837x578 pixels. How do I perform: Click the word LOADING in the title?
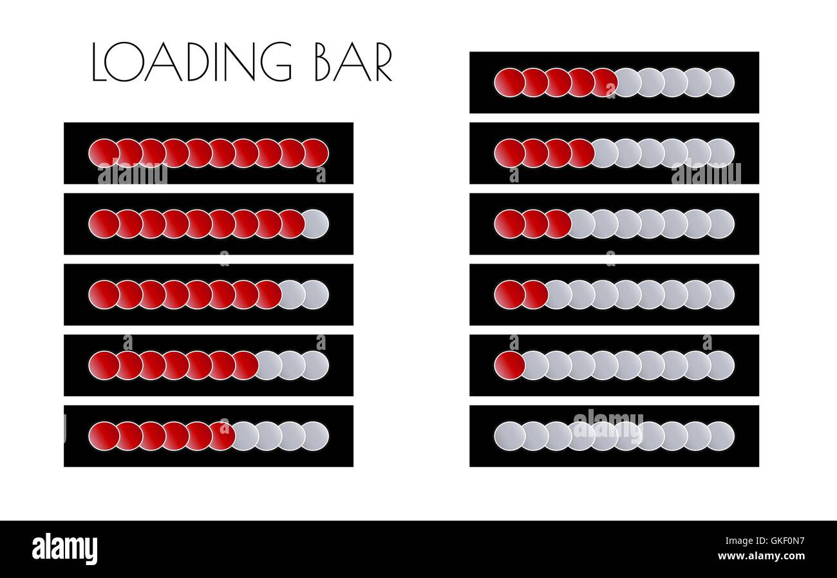click(x=192, y=63)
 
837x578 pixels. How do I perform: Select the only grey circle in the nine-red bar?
click(x=315, y=224)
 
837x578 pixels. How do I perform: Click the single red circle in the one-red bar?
click(x=509, y=365)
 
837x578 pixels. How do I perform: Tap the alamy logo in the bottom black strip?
click(x=64, y=549)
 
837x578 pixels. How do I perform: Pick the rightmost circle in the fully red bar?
click(x=315, y=153)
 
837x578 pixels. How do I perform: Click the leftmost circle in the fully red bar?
click(x=103, y=153)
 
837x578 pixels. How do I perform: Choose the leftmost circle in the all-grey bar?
click(x=509, y=436)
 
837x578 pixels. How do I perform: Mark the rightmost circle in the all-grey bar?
click(x=720, y=436)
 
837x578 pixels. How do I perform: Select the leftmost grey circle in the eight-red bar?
click(x=292, y=294)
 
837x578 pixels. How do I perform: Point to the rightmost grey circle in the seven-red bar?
click(x=315, y=365)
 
